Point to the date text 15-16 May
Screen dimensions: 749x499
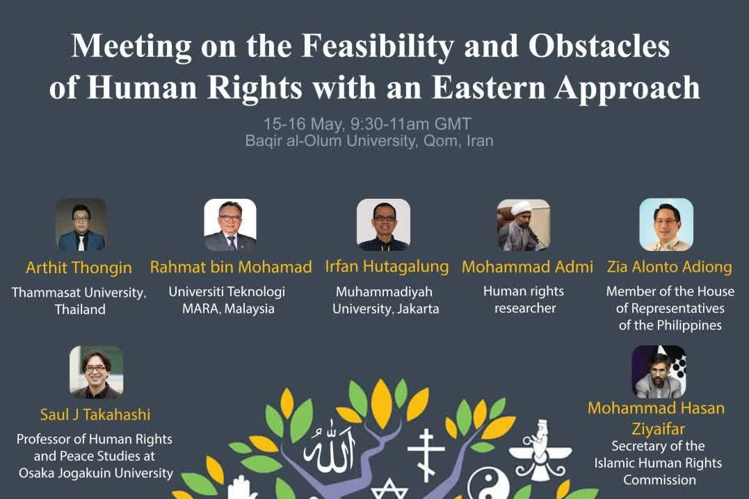(303, 124)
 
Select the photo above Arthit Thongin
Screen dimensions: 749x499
(81, 224)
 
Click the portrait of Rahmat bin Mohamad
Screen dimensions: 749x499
(230, 224)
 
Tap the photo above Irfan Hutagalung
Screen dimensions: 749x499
(383, 224)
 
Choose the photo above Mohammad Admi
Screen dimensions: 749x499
(524, 224)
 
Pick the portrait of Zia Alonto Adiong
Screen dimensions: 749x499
(666, 224)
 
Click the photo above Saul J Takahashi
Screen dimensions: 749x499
(97, 372)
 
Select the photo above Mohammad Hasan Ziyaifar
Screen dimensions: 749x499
(659, 372)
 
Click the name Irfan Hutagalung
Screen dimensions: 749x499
(387, 266)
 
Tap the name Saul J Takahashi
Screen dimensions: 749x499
(95, 414)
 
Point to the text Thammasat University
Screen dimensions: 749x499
(79, 292)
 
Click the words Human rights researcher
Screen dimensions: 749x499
(524, 300)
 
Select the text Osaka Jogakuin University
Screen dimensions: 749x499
(96, 473)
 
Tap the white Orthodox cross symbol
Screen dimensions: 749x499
(425, 455)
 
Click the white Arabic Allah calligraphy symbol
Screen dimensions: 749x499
(330, 447)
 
